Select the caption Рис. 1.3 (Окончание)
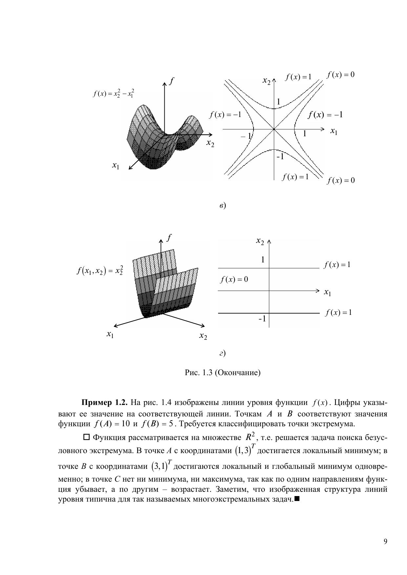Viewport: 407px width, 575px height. [x=223, y=373]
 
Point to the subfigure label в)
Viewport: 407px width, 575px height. [x=222, y=206]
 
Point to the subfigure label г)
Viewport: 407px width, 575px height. [x=222, y=353]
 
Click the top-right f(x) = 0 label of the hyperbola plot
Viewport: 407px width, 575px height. [x=340, y=75]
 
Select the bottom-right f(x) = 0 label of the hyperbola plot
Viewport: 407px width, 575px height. [x=340, y=181]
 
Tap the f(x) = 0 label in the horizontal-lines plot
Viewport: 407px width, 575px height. [x=234, y=279]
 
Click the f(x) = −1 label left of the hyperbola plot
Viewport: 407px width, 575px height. [x=225, y=115]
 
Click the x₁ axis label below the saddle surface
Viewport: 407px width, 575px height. [x=115, y=166]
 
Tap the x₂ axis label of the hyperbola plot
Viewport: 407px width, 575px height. [x=267, y=80]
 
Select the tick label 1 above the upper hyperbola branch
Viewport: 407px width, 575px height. [x=278, y=102]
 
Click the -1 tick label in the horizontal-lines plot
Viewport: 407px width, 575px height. [x=262, y=318]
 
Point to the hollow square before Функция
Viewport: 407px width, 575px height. [x=87, y=437]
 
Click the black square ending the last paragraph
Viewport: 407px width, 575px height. [x=297, y=499]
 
